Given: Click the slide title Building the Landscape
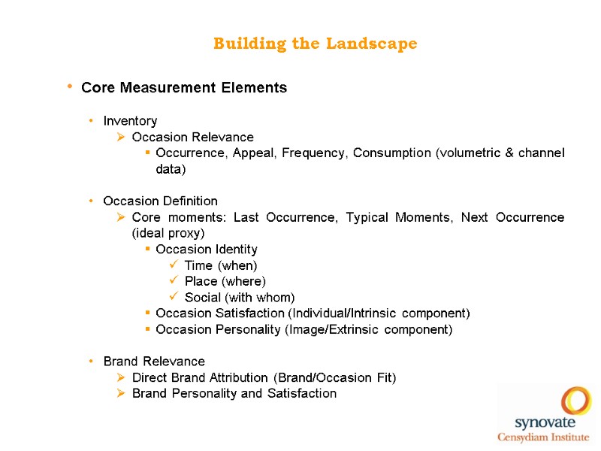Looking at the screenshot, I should click(315, 44).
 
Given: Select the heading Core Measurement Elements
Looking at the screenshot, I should click(184, 88).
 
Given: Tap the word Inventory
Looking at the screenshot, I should click(130, 121).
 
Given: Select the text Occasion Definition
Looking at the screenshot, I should click(160, 201).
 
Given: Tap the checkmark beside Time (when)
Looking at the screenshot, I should click(174, 265).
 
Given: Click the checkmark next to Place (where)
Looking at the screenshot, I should click(174, 282).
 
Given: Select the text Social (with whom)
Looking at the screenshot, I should click(240, 298).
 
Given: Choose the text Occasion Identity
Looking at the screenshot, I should click(207, 250).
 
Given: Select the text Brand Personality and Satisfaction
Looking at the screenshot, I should click(234, 394).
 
